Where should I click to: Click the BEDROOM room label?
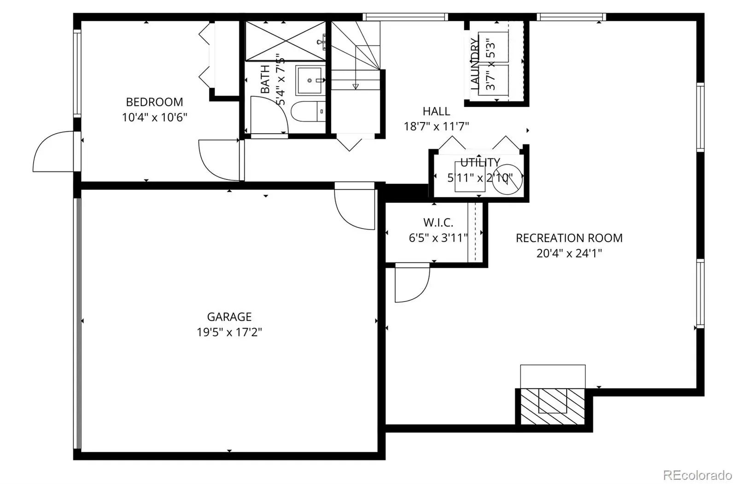[x=154, y=102]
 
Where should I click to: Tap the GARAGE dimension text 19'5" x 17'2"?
[x=229, y=332]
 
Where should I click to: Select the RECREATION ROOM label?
[x=569, y=238]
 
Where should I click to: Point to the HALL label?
[x=436, y=111]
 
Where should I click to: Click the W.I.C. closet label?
[x=438, y=223]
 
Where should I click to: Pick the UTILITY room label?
[x=480, y=162]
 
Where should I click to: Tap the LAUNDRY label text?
[x=474, y=64]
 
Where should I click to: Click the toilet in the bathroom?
[x=308, y=112]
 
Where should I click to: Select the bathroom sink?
[x=310, y=80]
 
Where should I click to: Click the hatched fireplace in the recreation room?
[x=552, y=406]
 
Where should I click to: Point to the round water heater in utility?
[x=507, y=179]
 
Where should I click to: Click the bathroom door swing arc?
[x=269, y=115]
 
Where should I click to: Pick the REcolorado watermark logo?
[x=697, y=475]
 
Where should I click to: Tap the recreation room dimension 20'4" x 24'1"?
[x=569, y=254]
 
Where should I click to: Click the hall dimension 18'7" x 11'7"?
[x=436, y=126]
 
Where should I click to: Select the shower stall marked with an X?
[x=286, y=41]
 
